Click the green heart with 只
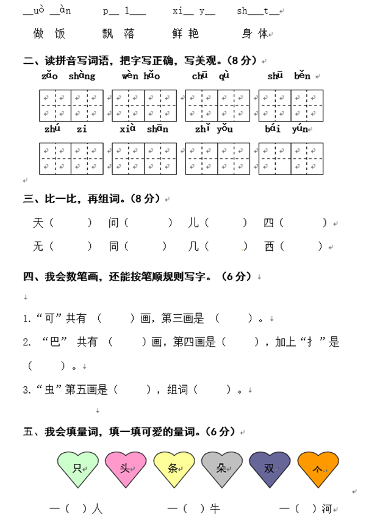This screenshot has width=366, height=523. pyautogui.click(x=77, y=469)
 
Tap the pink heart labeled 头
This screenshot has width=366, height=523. pyautogui.click(x=126, y=469)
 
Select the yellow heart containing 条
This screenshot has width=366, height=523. pyautogui.click(x=174, y=469)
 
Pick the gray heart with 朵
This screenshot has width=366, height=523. pyautogui.click(x=222, y=469)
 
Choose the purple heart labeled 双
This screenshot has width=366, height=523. pyautogui.click(x=270, y=469)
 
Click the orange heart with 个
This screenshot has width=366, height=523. pyautogui.click(x=318, y=469)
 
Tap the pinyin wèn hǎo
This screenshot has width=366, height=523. pyautogui.click(x=140, y=76)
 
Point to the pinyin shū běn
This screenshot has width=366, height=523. pyautogui.click(x=289, y=76)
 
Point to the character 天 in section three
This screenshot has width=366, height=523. pyautogui.click(x=38, y=223)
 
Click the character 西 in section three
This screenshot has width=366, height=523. pyautogui.click(x=269, y=247)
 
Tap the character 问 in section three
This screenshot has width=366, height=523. pyautogui.click(x=113, y=223)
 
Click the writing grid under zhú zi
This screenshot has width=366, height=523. pyautogui.click(x=71, y=159)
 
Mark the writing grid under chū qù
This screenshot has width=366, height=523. pyautogui.click(x=217, y=106)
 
